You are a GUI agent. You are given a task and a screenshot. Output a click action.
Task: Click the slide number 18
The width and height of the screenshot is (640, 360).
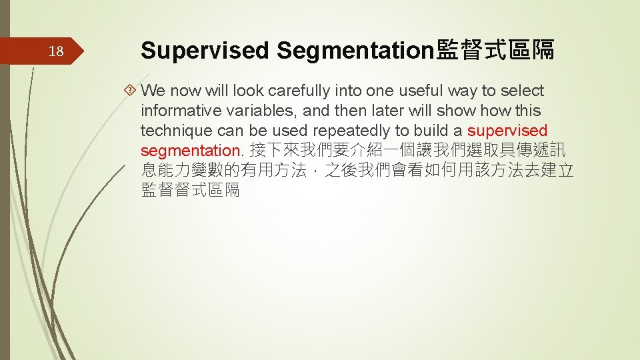point(57,51)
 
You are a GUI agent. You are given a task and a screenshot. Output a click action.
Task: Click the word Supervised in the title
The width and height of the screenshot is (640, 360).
point(205,49)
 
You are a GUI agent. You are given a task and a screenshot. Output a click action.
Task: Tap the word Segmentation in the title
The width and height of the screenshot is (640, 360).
point(355,49)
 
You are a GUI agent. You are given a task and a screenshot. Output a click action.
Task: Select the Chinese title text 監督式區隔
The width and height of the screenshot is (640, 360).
point(495,49)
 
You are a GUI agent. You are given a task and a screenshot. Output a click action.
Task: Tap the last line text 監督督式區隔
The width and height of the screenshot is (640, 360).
point(190,190)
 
